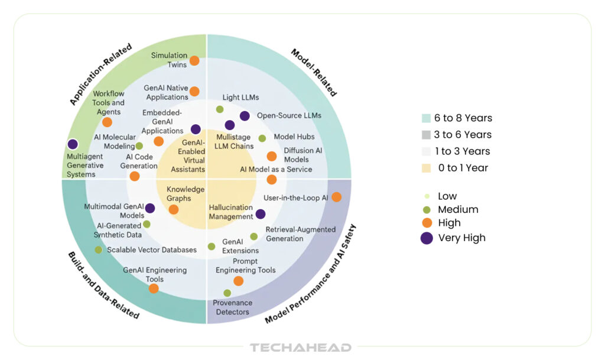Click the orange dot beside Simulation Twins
point(194,60)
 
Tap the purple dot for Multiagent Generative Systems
point(73,144)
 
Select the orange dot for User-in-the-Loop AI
point(336,197)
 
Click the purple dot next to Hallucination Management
point(260,214)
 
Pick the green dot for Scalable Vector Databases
point(98,249)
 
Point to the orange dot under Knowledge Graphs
point(173,209)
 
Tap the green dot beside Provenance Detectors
point(227,293)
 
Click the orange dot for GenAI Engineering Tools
point(154,288)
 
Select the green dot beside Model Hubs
point(262,138)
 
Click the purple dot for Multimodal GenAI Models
point(150,208)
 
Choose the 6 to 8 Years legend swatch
point(427,118)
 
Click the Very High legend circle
point(427,238)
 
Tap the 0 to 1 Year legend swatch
point(427,168)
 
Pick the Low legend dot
point(427,196)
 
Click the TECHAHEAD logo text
point(300,348)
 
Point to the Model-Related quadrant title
point(314,72)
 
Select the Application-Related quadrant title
point(100,74)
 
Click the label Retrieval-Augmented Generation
point(300,233)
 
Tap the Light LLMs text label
point(240,97)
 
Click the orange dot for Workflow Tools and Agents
point(107,122)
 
